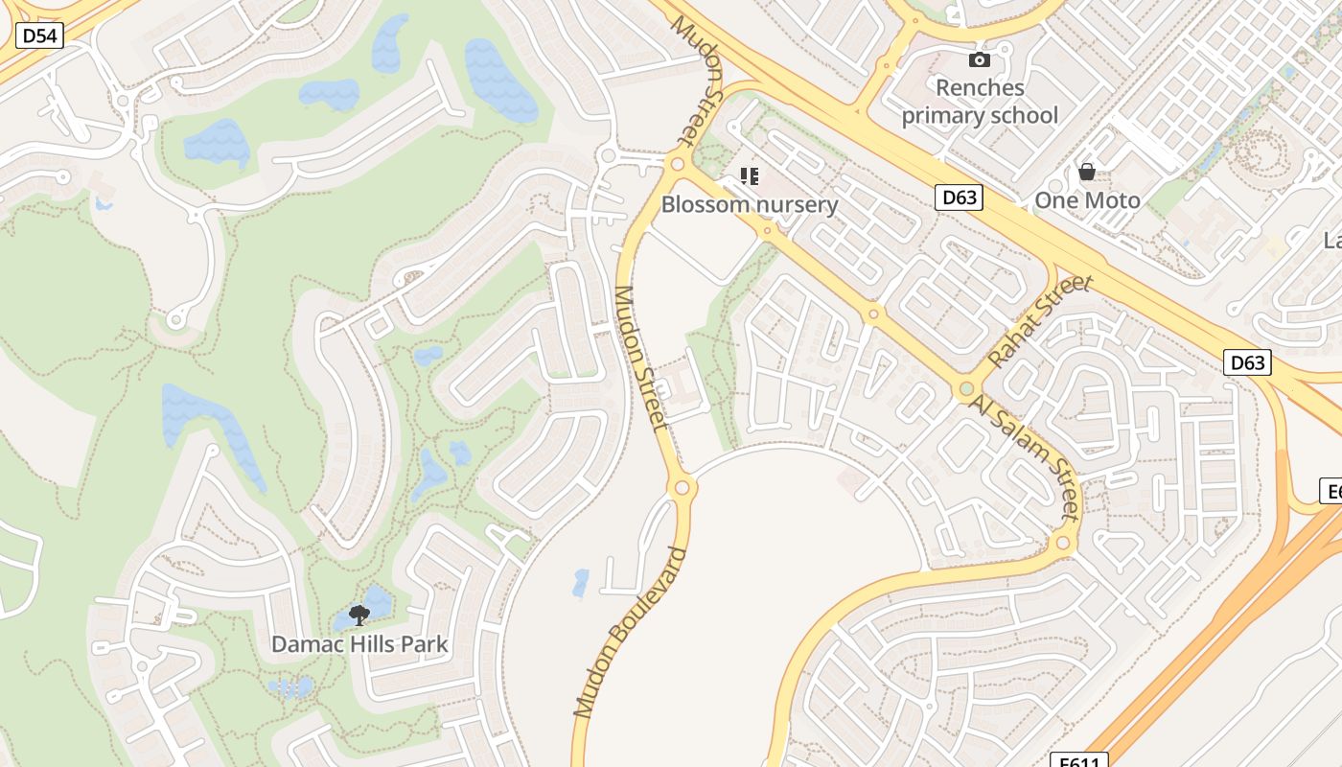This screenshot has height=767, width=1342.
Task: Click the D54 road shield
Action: point(39,36)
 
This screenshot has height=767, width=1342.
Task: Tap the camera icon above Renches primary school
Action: point(979,60)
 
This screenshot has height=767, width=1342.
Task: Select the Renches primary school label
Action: point(980,102)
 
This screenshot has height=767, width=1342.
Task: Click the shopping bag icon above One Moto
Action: point(1087,173)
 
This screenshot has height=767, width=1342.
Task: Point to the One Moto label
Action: point(1087,200)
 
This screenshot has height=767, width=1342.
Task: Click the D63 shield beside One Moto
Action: point(959,198)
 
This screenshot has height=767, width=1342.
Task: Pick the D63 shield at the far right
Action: point(1247,362)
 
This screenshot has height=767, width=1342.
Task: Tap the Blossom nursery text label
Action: point(750,204)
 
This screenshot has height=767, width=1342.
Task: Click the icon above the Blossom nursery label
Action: point(750,176)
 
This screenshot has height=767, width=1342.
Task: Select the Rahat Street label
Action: point(1040,321)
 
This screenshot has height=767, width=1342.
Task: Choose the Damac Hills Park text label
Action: point(359,643)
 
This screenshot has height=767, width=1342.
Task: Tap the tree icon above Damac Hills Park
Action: point(359,615)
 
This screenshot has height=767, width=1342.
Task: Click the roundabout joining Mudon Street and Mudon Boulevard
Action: point(682,487)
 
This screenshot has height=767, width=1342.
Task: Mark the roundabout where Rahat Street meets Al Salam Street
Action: point(966,389)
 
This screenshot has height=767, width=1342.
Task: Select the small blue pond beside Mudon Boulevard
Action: point(581,583)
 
